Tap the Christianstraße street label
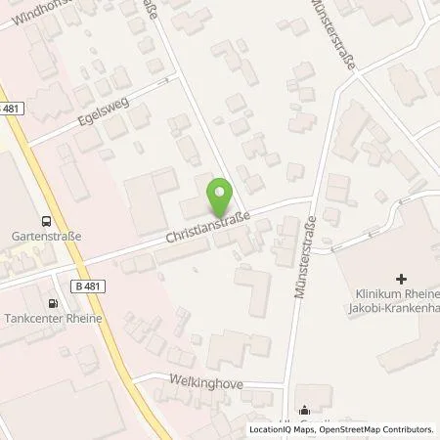click(x=206, y=225)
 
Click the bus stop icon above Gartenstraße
click(x=46, y=221)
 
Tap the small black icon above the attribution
click(x=306, y=411)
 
